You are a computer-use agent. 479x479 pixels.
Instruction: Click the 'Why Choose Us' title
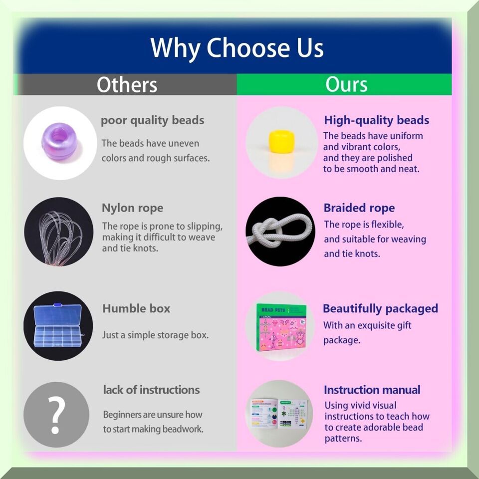pyautogui.click(x=237, y=48)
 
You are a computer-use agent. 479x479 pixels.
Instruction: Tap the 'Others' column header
pyautogui.click(x=127, y=85)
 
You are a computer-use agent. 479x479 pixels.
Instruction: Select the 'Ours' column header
pyautogui.click(x=346, y=84)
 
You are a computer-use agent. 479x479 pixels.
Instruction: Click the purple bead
pyautogui.click(x=59, y=141)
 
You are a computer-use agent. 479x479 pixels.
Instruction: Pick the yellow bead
pyautogui.click(x=281, y=141)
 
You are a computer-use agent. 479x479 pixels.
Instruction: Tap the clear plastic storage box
pyautogui.click(x=58, y=325)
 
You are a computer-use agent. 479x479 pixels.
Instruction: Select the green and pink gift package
pyautogui.click(x=281, y=327)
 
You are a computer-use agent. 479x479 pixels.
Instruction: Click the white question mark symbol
pyautogui.click(x=57, y=415)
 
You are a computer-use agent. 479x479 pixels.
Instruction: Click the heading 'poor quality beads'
pyautogui.click(x=153, y=120)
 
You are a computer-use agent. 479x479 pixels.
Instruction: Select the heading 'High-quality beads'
pyautogui.click(x=376, y=120)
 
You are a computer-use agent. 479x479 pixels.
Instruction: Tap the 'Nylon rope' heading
pyautogui.click(x=133, y=208)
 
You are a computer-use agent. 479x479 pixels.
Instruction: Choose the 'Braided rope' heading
pyautogui.click(x=359, y=208)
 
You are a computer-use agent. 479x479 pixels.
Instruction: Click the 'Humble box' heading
pyautogui.click(x=136, y=308)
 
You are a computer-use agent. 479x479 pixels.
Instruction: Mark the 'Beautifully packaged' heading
pyautogui.click(x=380, y=308)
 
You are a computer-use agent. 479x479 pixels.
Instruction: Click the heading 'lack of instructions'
pyautogui.click(x=152, y=390)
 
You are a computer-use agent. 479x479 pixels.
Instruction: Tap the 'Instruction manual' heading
pyautogui.click(x=372, y=390)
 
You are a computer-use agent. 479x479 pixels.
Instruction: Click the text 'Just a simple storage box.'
pyautogui.click(x=156, y=335)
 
